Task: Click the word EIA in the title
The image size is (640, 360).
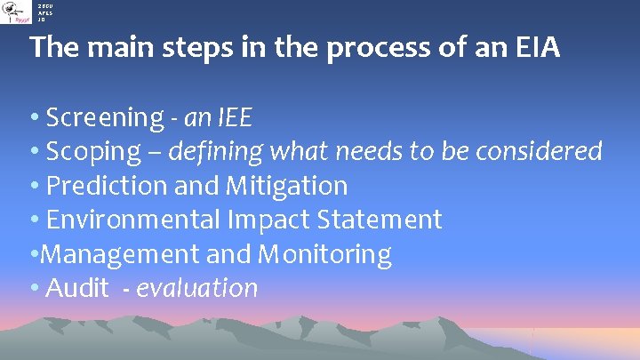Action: pyautogui.click(x=535, y=47)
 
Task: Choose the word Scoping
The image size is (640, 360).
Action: pyautogui.click(x=93, y=152)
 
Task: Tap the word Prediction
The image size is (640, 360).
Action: pyautogui.click(x=101, y=186)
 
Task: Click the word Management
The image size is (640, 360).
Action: pyautogui.click(x=120, y=254)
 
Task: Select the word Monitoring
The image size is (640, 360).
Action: pyautogui.click(x=324, y=254)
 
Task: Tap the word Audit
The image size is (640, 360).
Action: pyautogui.click(x=76, y=288)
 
